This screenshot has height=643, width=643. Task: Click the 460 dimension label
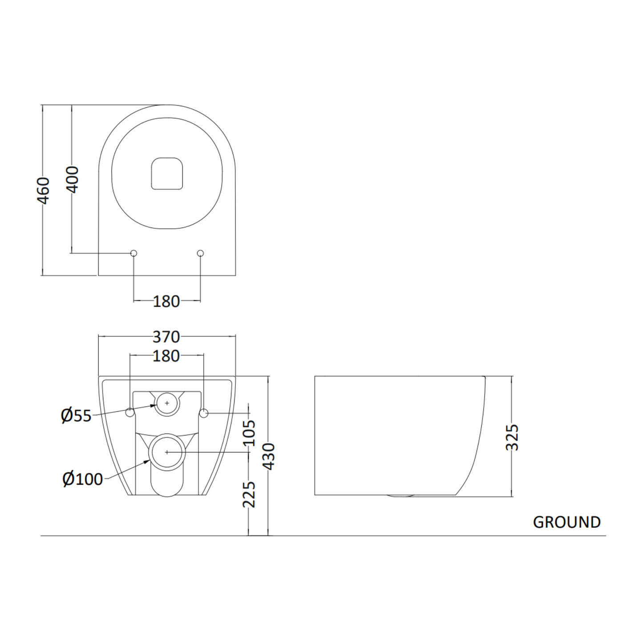43,191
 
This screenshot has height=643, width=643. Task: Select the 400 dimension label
73,179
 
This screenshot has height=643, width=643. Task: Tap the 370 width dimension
166,337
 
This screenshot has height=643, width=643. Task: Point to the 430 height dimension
269,456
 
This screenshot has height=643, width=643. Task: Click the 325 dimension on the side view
513,437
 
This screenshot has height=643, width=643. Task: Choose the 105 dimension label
250,433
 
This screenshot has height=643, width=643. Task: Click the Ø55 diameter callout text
76,416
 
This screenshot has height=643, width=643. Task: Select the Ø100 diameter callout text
83,479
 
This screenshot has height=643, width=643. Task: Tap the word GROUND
566,522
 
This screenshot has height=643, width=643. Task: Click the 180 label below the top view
166,302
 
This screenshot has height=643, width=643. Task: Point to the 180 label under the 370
166,356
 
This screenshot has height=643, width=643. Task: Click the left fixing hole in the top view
133,253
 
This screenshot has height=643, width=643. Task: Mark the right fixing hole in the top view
200,253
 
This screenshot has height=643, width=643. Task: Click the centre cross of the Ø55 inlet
167,403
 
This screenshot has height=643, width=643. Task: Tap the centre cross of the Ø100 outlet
167,452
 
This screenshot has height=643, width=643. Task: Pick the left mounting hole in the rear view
130,412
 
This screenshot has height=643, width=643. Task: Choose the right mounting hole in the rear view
204,412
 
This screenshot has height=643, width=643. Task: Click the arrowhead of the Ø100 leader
150,461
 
